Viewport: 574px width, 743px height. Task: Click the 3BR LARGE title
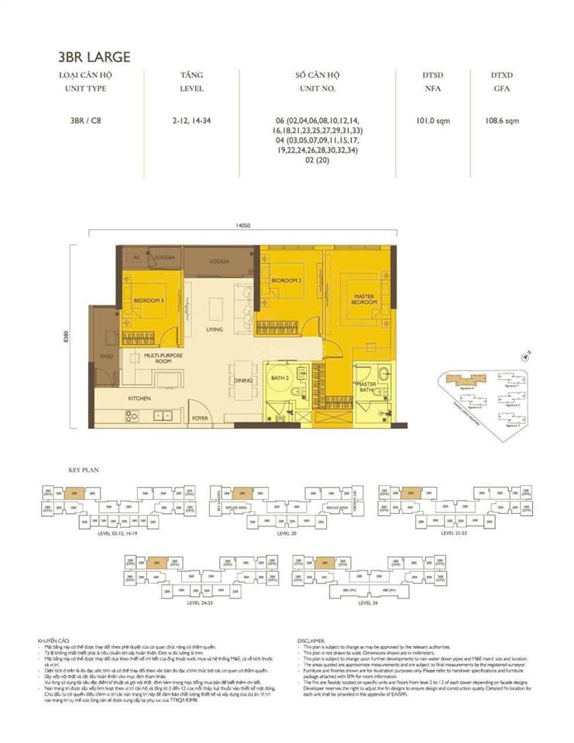[94, 56]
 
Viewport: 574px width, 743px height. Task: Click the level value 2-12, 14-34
[192, 121]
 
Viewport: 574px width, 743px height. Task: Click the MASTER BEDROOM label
[364, 300]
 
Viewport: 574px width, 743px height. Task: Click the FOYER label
[201, 418]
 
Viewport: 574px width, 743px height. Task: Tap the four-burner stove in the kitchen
[131, 416]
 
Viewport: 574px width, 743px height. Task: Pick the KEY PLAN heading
[81, 471]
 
